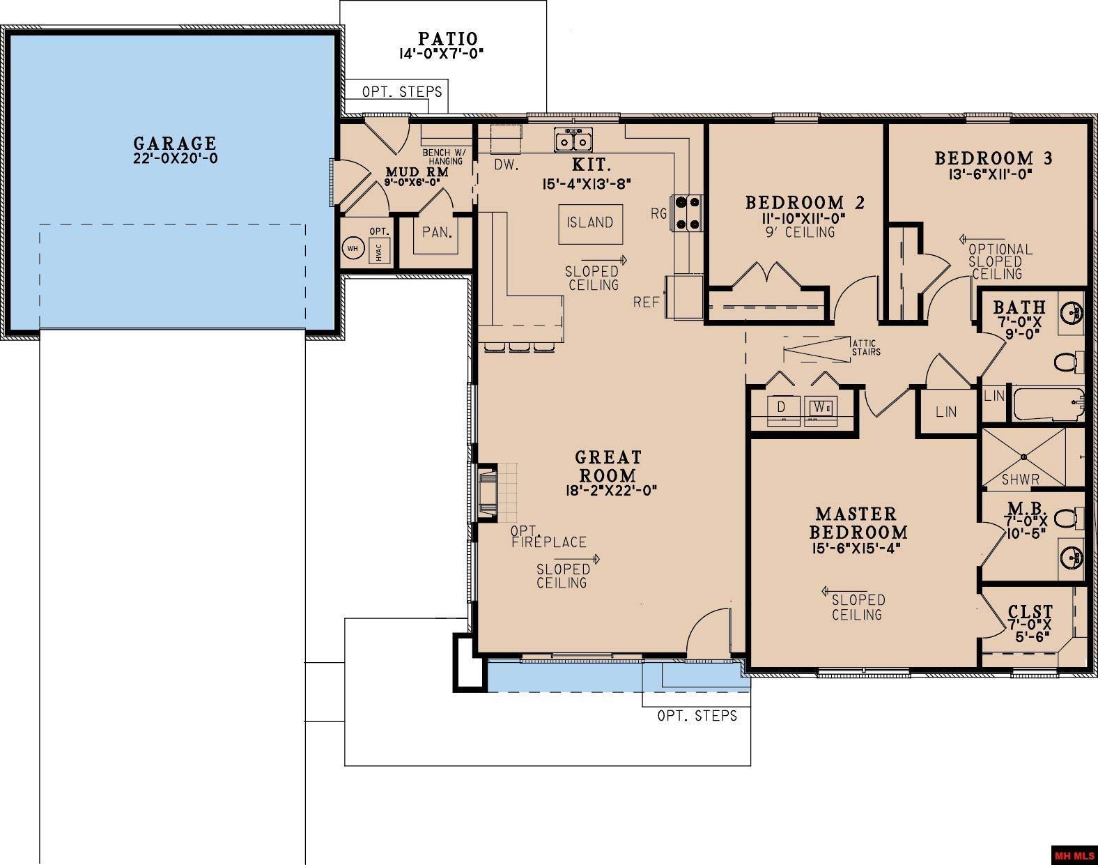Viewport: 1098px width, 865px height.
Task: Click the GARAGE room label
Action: [x=175, y=143]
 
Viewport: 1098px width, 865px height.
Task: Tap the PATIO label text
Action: [x=447, y=39]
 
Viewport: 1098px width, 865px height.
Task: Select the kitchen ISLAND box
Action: [x=590, y=224]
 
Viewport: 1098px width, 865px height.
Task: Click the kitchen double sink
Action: [x=573, y=140]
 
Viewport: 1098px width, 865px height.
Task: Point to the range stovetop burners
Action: [x=687, y=213]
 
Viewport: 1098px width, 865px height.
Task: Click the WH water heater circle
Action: [x=353, y=249]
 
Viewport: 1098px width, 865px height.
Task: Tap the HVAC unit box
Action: [x=379, y=251]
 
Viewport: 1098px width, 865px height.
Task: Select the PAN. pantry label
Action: [x=437, y=232]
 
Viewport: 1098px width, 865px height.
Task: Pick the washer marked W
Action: [x=821, y=410]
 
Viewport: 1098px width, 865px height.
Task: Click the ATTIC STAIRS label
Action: [x=866, y=347]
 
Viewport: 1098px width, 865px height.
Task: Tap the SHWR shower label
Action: [x=1020, y=480]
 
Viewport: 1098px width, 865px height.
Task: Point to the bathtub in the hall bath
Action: [x=1048, y=404]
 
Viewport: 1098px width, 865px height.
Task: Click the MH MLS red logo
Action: [x=1074, y=856]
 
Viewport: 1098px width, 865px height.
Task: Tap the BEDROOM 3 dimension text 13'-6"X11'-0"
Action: [x=990, y=174]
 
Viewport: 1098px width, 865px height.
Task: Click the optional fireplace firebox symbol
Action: [x=487, y=492]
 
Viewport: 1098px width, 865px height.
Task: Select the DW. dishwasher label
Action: [x=506, y=165]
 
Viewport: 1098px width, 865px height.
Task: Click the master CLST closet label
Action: [x=1030, y=611]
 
